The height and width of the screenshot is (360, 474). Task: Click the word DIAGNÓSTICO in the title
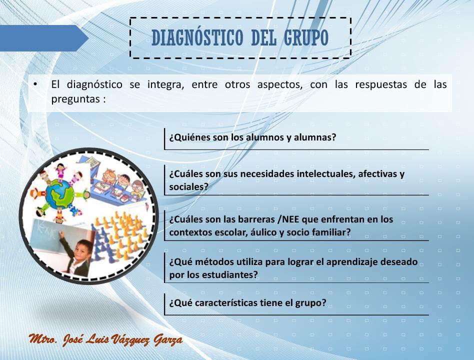(x=197, y=38)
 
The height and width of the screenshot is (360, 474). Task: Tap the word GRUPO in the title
(x=306, y=38)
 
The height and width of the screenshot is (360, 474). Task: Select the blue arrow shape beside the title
(x=44, y=38)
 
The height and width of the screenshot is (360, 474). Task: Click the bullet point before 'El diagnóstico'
(x=35, y=84)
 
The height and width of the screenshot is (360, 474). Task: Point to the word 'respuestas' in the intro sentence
(x=381, y=84)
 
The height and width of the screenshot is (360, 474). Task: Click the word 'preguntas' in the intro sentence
(x=74, y=99)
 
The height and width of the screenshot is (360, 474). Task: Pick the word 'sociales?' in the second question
(x=188, y=187)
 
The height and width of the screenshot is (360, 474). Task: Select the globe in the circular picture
(x=59, y=194)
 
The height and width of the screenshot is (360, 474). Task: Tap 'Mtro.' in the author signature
(x=43, y=339)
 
